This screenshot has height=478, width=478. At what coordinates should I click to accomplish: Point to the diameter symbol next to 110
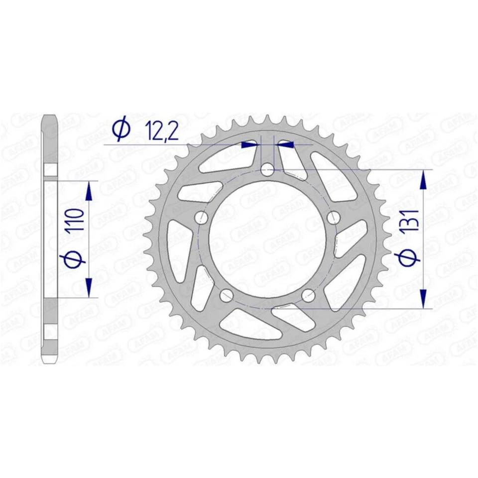73,258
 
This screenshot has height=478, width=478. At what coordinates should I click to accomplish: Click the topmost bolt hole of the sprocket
268,170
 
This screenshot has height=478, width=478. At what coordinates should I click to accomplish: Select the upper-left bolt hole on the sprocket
202,218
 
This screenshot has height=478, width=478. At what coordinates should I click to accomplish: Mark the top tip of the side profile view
50,117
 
